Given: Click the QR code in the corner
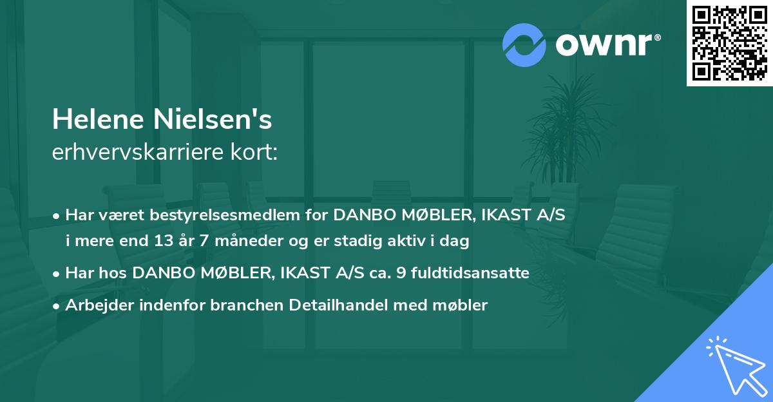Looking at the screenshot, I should point(729,43).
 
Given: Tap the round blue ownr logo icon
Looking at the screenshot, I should point(524,44).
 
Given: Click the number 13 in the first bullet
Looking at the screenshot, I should point(163,242).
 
